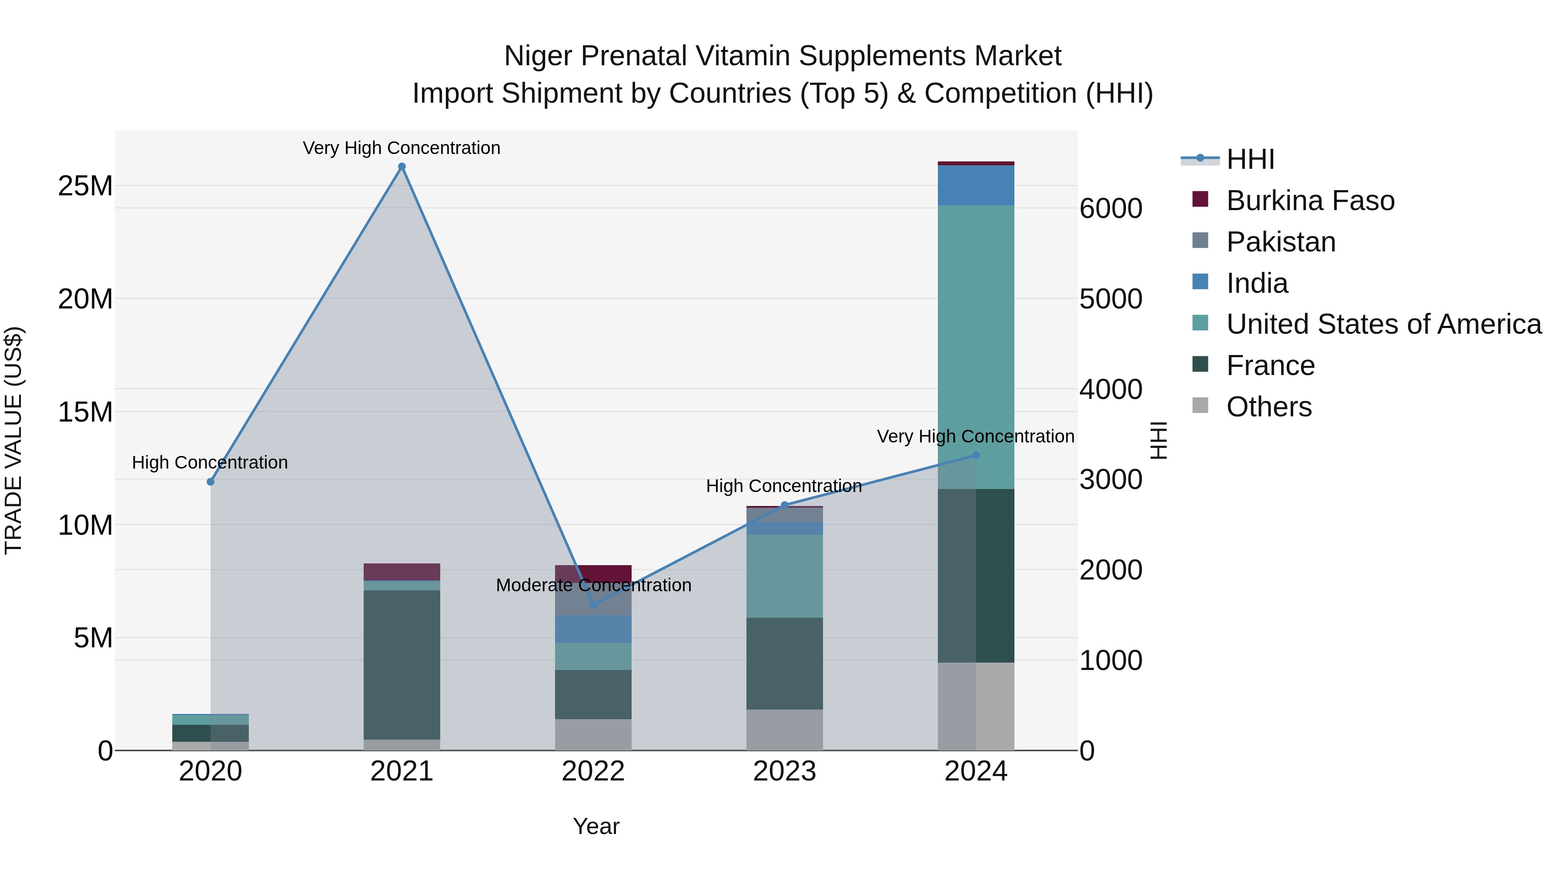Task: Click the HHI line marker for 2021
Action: (402, 167)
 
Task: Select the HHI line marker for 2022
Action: (593, 604)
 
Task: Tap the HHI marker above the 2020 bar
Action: (211, 482)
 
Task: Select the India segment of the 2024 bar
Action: (976, 185)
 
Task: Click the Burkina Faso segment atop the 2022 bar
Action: (593, 573)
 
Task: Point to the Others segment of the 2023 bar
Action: (784, 729)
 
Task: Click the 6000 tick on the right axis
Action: (1111, 208)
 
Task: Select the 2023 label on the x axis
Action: (784, 771)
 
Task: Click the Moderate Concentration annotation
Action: (593, 585)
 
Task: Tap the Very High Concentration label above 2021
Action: (402, 148)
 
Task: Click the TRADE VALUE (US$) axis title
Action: (13, 440)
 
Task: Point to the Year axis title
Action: (596, 826)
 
